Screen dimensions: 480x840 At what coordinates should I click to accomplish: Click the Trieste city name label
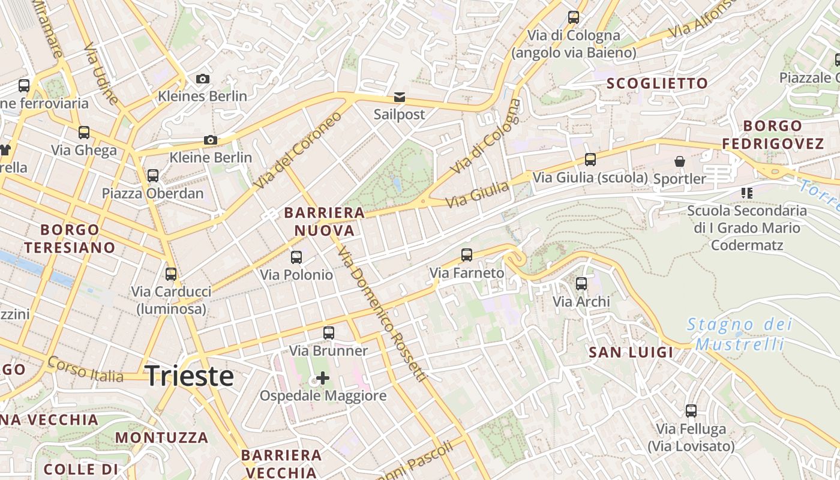pos(190,376)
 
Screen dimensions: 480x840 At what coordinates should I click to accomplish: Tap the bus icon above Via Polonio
pos(296,257)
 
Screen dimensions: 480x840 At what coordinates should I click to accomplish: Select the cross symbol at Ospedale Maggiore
pos(323,378)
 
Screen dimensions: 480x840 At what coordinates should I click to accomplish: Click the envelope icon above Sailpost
pos(399,97)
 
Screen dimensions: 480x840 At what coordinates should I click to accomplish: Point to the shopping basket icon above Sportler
pos(680,161)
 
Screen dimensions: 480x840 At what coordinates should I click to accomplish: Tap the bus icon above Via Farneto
pos(467,255)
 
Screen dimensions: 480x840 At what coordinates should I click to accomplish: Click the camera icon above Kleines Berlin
pos(203,79)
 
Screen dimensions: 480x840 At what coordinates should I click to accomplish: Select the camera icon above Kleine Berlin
pos(210,140)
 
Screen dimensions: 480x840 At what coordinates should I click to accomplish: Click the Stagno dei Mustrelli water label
pos(739,334)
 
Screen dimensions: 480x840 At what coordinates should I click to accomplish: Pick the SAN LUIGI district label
pos(631,352)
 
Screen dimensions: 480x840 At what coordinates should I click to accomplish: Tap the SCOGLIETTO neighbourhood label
pos(657,83)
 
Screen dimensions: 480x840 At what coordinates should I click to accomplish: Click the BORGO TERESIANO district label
pos(70,238)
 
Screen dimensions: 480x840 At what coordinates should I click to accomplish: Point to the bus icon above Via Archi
pos(581,284)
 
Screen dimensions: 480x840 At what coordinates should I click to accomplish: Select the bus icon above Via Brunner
pos(328,333)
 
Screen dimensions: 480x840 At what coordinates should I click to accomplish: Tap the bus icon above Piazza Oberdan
pos(153,176)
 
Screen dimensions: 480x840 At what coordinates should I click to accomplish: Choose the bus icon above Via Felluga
pos(691,411)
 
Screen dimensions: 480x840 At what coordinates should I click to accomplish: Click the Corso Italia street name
pos(86,370)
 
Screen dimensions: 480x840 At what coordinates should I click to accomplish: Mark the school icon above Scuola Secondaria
pos(747,193)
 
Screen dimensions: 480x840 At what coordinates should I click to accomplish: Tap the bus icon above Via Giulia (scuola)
pos(590,160)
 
